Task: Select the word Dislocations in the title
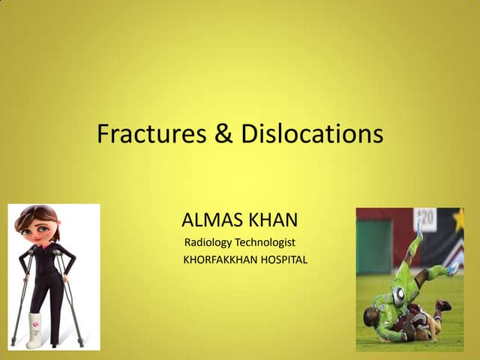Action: [x=312, y=134]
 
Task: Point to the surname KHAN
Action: [x=272, y=220]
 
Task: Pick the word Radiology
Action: [x=208, y=243]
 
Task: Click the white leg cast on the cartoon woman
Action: [x=34, y=330]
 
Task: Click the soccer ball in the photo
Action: [x=398, y=296]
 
